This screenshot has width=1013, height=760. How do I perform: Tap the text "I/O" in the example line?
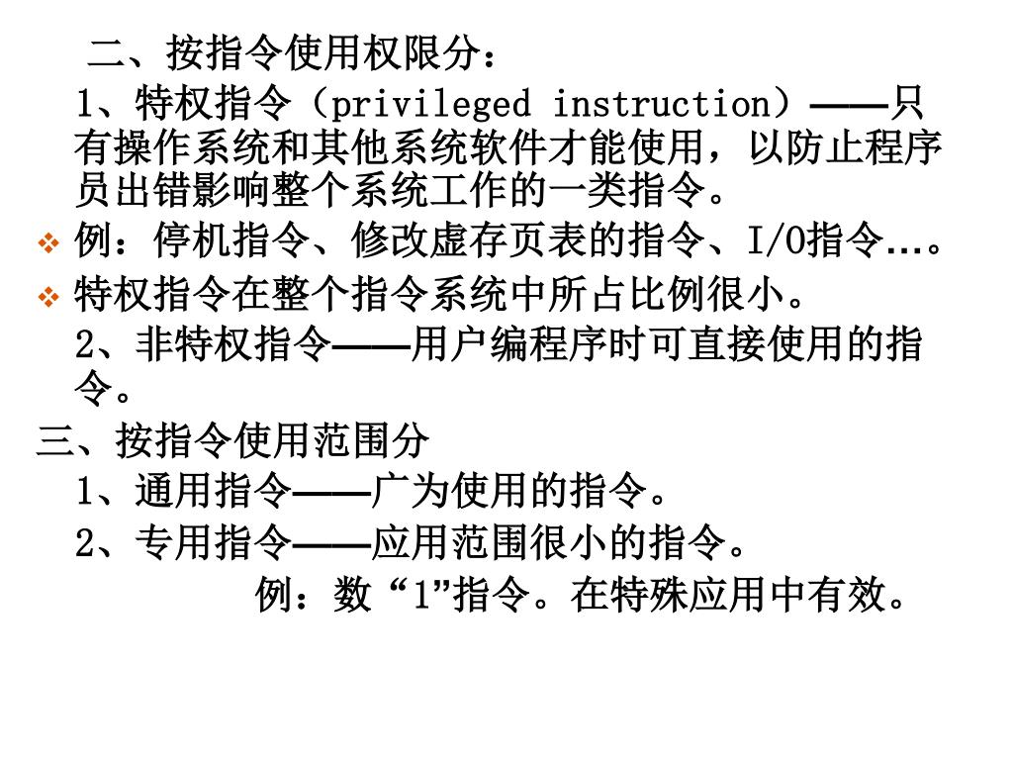[777, 240]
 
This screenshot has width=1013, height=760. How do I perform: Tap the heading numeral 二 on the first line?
[108, 50]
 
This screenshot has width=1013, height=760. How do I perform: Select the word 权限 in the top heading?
[402, 50]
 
